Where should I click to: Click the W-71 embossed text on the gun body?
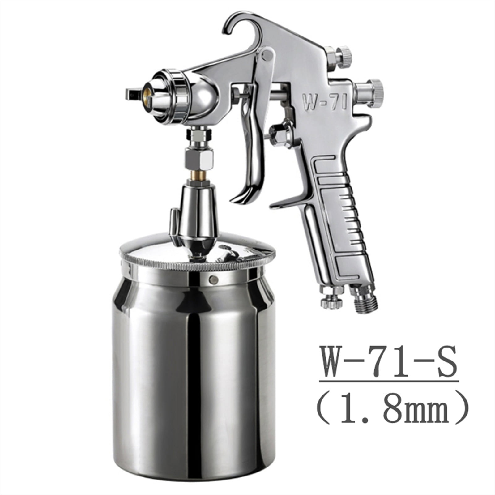323,102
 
